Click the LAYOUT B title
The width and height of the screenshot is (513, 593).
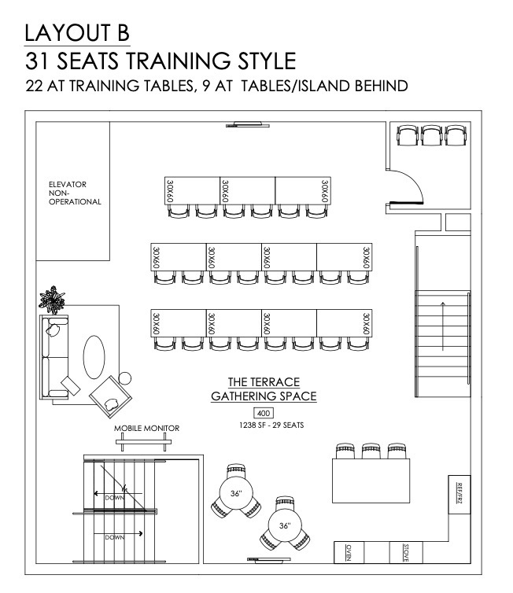pos(77,33)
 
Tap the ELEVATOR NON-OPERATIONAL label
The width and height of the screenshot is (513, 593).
pos(75,193)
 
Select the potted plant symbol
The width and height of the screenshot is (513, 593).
pos(52,300)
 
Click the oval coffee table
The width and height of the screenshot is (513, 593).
pos(94,357)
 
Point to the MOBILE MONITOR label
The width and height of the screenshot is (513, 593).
pos(147,428)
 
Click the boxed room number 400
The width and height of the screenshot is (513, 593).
pos(264,413)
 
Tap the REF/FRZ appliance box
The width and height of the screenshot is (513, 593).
pos(459,495)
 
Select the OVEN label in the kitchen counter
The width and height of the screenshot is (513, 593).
pos(349,553)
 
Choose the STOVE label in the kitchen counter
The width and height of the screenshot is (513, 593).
pos(405,553)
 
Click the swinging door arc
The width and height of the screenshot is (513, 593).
pos(415,179)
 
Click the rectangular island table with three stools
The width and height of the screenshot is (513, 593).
pos(371,481)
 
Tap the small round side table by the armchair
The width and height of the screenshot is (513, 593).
pos(125,378)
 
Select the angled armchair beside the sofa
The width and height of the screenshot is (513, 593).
pos(110,396)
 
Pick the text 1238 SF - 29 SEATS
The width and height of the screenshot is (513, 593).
pos(271,425)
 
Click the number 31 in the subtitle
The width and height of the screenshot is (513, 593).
pos(39,61)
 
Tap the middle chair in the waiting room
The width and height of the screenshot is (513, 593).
pos(432,135)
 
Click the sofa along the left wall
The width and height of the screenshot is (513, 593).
pos(54,357)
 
